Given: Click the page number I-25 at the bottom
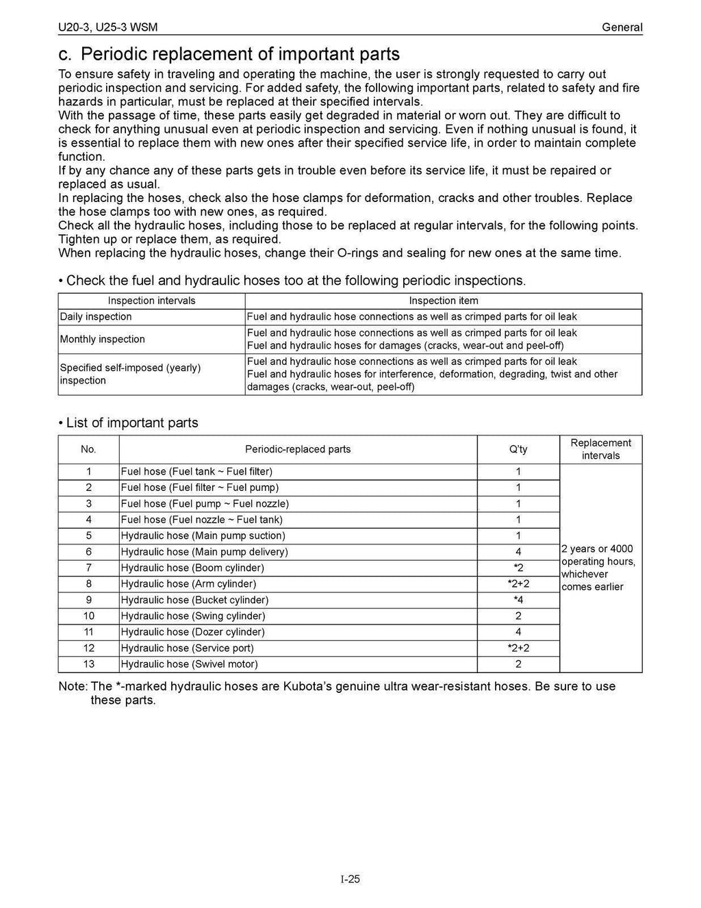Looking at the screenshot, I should pyautogui.click(x=350, y=879).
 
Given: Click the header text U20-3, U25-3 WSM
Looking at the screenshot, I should pyautogui.click(x=107, y=27).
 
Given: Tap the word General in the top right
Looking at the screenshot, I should pyautogui.click(x=622, y=27).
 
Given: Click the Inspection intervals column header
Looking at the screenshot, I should pyautogui.click(x=151, y=301).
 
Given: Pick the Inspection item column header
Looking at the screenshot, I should pyautogui.click(x=443, y=301).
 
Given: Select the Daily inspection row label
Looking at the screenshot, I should pyautogui.click(x=96, y=316).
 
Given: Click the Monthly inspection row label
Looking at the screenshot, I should pyautogui.click(x=102, y=339).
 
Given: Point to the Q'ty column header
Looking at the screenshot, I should pyautogui.click(x=518, y=449).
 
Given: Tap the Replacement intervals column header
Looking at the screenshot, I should pyautogui.click(x=600, y=449).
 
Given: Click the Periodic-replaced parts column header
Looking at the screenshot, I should pyautogui.click(x=298, y=449).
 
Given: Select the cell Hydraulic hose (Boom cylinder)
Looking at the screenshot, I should pyautogui.click(x=192, y=568).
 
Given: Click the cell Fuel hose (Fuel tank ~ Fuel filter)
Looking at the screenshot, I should pyautogui.click(x=196, y=471).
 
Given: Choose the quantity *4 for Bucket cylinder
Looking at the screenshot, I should pyautogui.click(x=518, y=600).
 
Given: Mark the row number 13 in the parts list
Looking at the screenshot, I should pyautogui.click(x=88, y=664).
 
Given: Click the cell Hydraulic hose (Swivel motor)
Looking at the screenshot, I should pyautogui.click(x=190, y=664).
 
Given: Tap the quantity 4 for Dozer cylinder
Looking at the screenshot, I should pyautogui.click(x=518, y=632).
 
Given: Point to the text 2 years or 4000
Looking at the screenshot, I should pyautogui.click(x=597, y=548).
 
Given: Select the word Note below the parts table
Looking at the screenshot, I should pyautogui.click(x=72, y=686).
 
